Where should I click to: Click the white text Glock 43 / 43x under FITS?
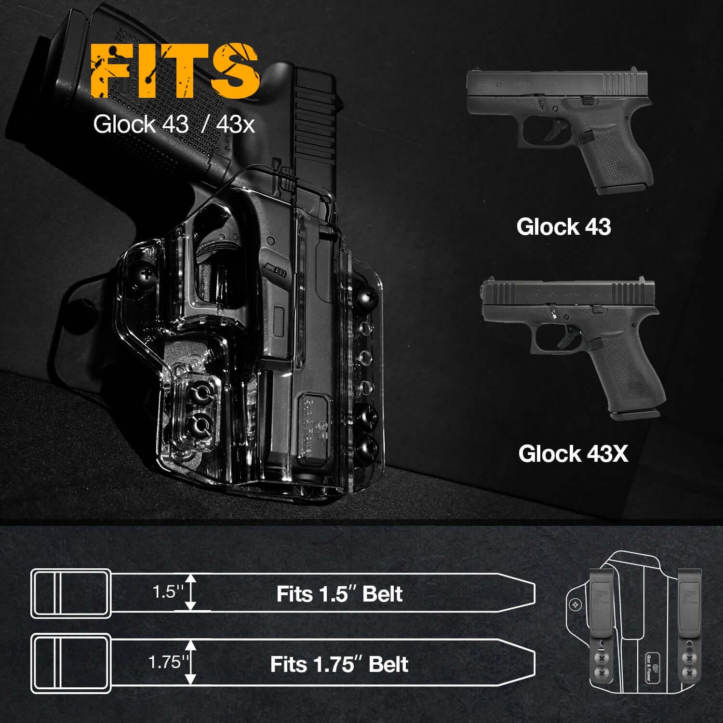(x=174, y=124)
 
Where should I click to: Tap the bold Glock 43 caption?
(x=563, y=227)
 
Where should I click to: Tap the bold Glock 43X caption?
(x=573, y=454)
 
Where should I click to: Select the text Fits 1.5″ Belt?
(x=339, y=594)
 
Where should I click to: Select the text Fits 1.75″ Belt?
(x=339, y=664)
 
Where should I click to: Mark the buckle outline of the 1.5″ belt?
(x=68, y=593)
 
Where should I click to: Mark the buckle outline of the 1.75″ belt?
(x=68, y=664)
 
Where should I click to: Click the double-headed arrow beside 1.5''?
(x=192, y=592)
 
